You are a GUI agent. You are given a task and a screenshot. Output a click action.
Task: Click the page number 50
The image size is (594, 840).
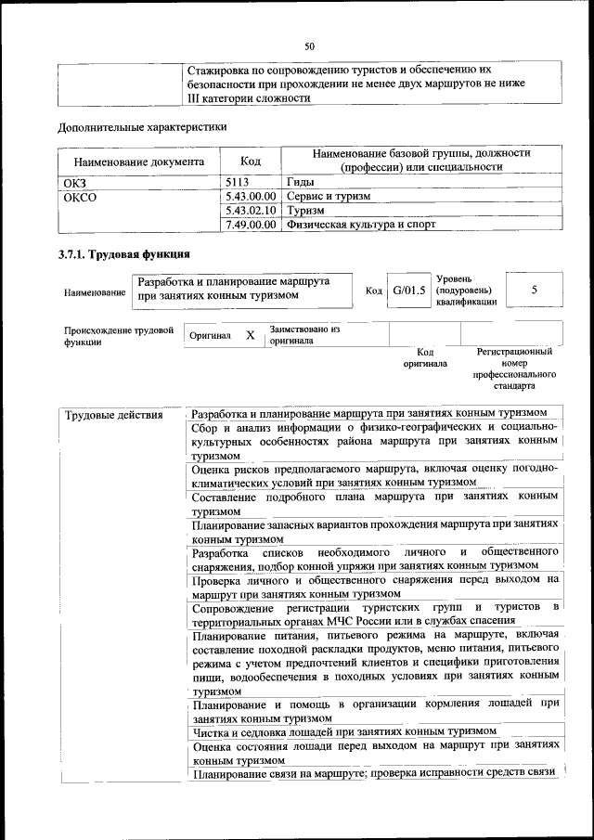[310, 45]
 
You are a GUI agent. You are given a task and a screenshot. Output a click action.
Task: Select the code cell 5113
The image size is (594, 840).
[239, 183]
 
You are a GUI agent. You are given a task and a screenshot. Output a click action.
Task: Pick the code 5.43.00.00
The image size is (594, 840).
[251, 197]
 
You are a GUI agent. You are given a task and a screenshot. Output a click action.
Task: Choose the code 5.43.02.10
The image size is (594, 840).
[251, 211]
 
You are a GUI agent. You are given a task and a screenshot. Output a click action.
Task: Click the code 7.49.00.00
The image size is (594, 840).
[251, 224]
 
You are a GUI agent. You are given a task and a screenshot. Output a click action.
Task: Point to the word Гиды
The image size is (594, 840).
[303, 183]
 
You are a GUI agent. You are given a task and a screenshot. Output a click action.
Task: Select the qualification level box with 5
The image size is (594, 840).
[534, 290]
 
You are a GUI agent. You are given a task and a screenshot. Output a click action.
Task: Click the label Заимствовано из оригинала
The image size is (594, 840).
[304, 334]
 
